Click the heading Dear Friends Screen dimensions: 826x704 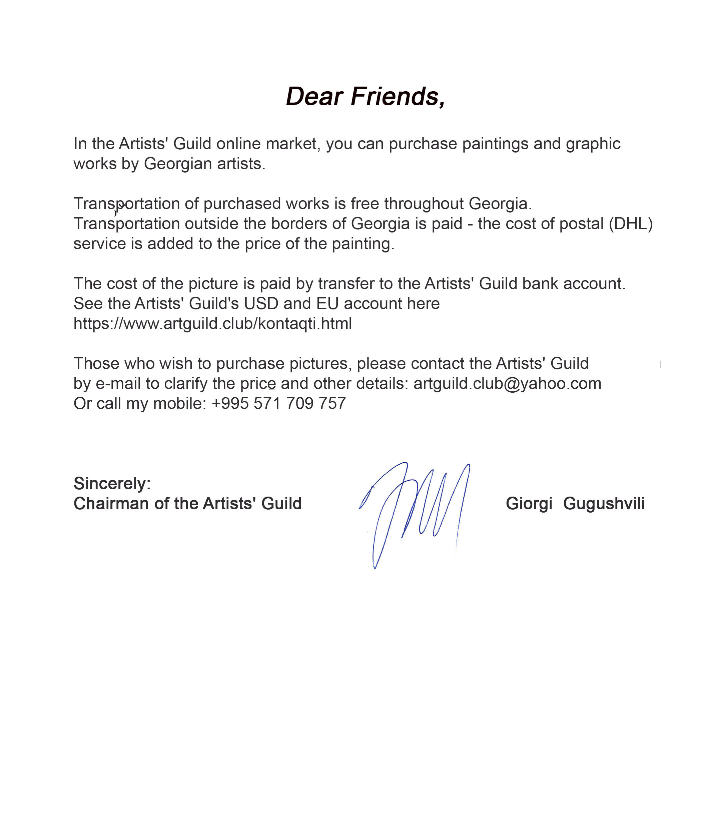pyautogui.click(x=365, y=97)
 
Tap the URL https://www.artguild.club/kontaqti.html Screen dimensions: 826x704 pyautogui.click(x=213, y=324)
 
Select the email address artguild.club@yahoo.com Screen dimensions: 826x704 pyautogui.click(x=507, y=383)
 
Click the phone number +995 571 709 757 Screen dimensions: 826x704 pyautogui.click(x=278, y=403)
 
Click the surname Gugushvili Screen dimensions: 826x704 pyautogui.click(x=604, y=504)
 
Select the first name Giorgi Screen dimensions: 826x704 pyautogui.click(x=529, y=504)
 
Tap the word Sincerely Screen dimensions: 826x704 pyautogui.click(x=112, y=484)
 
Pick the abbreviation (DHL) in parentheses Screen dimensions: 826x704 pyautogui.click(x=631, y=223)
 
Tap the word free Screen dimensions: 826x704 pyautogui.click(x=365, y=204)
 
